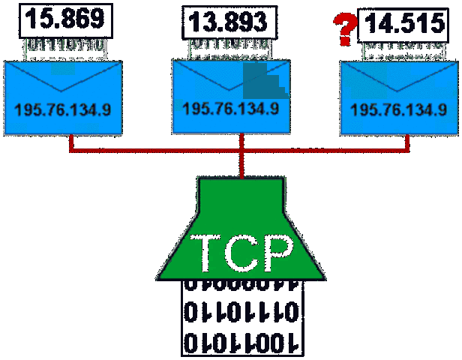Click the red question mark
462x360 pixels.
click(x=343, y=30)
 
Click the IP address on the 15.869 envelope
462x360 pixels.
click(x=63, y=109)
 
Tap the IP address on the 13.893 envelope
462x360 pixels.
click(x=231, y=109)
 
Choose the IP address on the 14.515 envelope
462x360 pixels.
click(x=399, y=109)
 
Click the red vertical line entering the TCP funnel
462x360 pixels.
click(x=241, y=165)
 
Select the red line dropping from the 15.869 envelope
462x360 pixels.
click(x=70, y=142)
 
